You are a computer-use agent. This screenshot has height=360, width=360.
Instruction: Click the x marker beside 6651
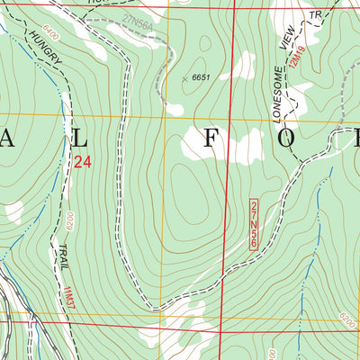tap(184, 79)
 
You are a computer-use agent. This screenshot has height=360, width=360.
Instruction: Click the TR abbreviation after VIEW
tap(314, 17)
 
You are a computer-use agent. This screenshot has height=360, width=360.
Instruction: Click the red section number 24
tap(83, 163)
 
